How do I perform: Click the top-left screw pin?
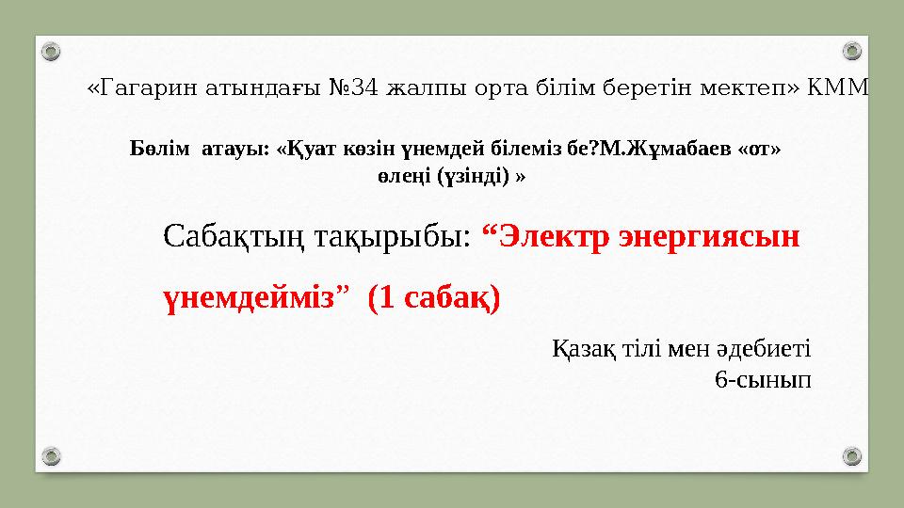pyautogui.click(x=53, y=50)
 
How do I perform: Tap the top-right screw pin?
pyautogui.click(x=851, y=50)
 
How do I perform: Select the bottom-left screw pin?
pyautogui.click(x=53, y=457)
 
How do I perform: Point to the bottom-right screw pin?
pyautogui.click(x=851, y=457)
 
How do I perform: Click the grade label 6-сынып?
pyautogui.click(x=763, y=380)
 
